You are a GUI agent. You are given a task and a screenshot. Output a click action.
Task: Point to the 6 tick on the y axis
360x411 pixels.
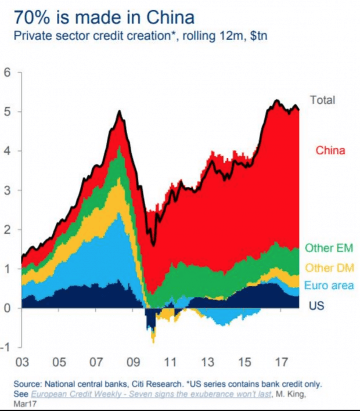click(x=8, y=73)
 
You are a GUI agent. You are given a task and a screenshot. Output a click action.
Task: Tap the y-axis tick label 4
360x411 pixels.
click(x=8, y=152)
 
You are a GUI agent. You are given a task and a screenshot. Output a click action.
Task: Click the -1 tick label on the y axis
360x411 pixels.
click(x=6, y=348)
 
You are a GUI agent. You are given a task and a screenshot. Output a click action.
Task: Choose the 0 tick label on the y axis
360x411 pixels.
click(x=8, y=308)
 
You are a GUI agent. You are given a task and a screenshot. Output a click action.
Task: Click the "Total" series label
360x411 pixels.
click(x=322, y=100)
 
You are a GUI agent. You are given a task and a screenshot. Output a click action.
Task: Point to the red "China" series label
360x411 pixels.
click(x=330, y=151)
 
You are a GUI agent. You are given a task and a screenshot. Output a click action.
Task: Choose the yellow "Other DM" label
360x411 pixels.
click(x=329, y=268)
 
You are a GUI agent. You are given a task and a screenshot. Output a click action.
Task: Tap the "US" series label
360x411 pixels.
click(x=316, y=305)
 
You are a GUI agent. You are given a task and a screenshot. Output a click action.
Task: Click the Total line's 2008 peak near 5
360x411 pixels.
click(x=119, y=111)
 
